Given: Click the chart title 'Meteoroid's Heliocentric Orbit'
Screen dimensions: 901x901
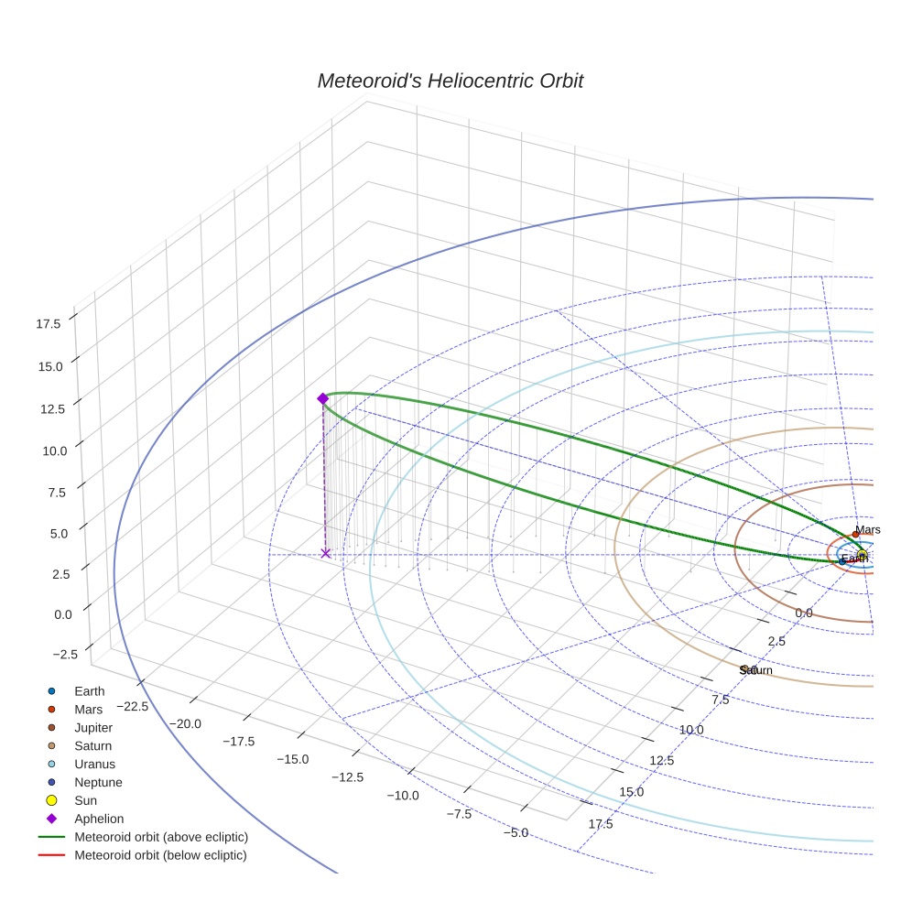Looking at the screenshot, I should pos(450,81).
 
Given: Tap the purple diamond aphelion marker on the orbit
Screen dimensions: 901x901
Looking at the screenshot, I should pos(322,398).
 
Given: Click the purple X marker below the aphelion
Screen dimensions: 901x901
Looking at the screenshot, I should pos(325,553).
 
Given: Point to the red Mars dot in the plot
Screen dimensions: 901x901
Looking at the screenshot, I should pos(855,534).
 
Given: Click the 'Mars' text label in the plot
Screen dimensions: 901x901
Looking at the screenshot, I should pos(868,529).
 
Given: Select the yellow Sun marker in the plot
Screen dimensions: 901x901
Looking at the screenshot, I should pos(862,555).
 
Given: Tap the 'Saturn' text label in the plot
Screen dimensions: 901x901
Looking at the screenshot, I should pos(756,670).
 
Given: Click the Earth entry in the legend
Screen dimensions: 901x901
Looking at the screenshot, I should pos(90,691).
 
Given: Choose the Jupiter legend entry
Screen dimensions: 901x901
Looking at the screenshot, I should pos(93,727).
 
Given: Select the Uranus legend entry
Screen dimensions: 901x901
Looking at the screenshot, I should pos(94,764).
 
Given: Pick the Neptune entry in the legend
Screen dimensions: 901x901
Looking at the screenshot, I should pos(98,782).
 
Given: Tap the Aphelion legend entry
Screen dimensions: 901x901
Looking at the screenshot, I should pos(99,819).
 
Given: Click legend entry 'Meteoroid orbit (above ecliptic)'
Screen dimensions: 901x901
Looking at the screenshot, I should pos(161,837).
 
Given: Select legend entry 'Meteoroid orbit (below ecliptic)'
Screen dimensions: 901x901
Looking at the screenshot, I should pos(160,855).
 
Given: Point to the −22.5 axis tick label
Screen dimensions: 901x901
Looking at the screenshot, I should pos(133,706).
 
